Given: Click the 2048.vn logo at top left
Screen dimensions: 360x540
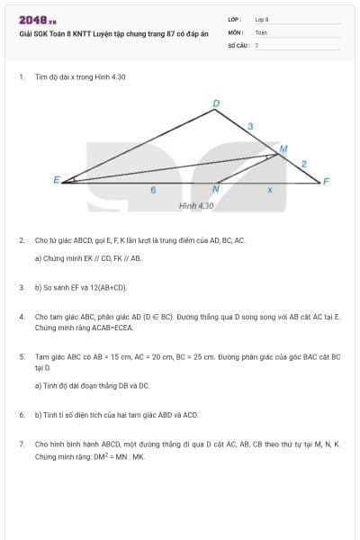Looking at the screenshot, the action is [x=38, y=20].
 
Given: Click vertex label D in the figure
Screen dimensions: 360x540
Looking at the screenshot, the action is [x=215, y=103].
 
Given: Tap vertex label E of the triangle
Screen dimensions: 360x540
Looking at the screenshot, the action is [x=56, y=181].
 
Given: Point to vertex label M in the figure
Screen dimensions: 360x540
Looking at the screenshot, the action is [x=283, y=148].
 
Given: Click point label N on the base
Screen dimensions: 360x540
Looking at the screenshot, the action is [x=215, y=190].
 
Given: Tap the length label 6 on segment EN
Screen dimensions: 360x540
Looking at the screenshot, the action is [x=153, y=191].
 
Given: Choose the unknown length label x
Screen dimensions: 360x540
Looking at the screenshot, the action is [x=269, y=191].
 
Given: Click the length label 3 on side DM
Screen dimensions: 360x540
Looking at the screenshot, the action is [x=249, y=126].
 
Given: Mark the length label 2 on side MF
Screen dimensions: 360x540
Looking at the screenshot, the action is [x=304, y=164].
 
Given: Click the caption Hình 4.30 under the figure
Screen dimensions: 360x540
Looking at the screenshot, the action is [x=196, y=206].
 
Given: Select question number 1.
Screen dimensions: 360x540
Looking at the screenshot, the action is [x=21, y=77].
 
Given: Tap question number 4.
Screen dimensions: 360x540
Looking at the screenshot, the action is [x=21, y=318].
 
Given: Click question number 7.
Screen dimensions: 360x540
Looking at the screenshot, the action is [x=21, y=445].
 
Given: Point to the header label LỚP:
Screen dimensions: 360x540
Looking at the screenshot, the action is [x=235, y=18].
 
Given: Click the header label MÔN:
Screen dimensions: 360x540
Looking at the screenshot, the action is [x=236, y=31].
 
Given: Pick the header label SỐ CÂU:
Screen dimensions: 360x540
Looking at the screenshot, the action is [x=238, y=44].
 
